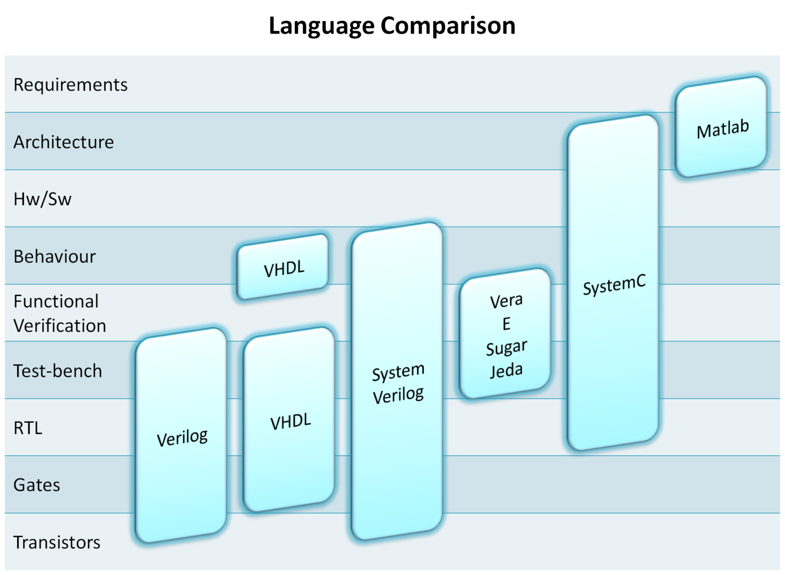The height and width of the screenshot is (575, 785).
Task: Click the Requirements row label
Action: [x=70, y=85]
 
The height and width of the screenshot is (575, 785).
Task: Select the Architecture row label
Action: [x=63, y=142]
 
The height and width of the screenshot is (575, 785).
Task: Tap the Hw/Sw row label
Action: [x=42, y=199]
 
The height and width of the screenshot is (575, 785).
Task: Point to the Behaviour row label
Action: [x=54, y=257]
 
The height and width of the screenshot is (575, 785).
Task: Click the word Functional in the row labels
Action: [x=56, y=301]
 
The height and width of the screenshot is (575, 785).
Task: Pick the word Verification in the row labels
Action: [x=60, y=326]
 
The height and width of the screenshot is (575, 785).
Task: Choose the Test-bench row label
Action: [x=57, y=371]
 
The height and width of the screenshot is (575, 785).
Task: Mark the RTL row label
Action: [x=28, y=428]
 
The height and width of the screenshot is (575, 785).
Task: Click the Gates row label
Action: [x=37, y=485]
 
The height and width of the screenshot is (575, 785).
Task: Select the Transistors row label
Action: [x=57, y=543]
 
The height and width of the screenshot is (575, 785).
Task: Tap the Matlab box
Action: [x=722, y=128]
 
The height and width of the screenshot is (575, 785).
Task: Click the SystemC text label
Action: [x=614, y=285]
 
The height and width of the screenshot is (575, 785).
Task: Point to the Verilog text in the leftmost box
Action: [x=182, y=438]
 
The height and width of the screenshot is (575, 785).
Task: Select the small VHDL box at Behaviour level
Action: [x=283, y=267]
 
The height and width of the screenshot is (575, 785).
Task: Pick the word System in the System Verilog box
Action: [x=398, y=372]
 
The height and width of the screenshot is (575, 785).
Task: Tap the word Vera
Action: [x=506, y=301]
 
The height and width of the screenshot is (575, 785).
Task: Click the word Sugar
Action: [x=506, y=348]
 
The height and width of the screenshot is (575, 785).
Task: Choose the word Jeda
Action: [x=506, y=370]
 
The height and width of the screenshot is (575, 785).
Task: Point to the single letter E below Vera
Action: [x=506, y=324]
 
